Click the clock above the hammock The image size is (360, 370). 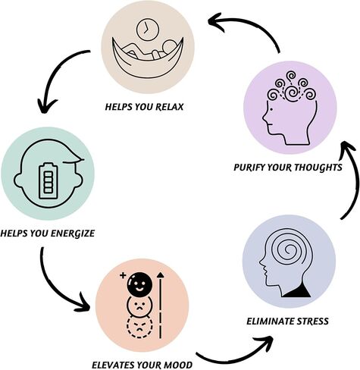pyautogui.click(x=148, y=30)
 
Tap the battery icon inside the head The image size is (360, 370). pyautogui.click(x=48, y=180)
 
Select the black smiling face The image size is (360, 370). pyautogui.click(x=139, y=284)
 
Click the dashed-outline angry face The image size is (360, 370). pyautogui.click(x=139, y=327)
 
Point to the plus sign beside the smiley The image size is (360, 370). pyautogui.click(x=123, y=275)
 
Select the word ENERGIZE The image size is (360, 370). pyautogui.click(x=73, y=233)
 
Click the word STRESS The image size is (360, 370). pyautogui.click(x=312, y=321)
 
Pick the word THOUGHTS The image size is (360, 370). pyautogui.click(x=318, y=168)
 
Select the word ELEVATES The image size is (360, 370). pyautogui.click(x=113, y=365)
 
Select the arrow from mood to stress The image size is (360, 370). pyautogui.click(x=235, y=356)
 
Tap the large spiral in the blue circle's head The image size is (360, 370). pyautogui.click(x=287, y=250)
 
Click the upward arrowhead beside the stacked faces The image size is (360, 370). pyautogui.click(x=160, y=275)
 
